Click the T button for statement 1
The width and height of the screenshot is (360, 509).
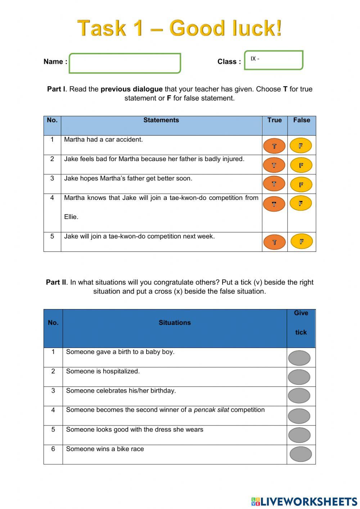point(274,146)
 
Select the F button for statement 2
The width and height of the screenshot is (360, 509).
point(301,165)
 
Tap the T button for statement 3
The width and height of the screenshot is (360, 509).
point(274,184)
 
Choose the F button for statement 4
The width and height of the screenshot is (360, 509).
point(301,203)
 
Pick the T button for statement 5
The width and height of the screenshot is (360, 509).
point(274,242)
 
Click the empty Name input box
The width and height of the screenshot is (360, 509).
point(125,63)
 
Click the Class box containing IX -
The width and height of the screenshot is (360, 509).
point(274,60)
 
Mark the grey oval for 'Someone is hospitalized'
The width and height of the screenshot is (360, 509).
point(299,377)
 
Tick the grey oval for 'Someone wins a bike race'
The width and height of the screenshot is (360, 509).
point(301,454)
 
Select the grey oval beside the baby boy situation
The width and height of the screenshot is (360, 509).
point(299,358)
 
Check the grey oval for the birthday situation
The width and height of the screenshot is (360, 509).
point(299,396)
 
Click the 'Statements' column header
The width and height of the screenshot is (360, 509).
point(161,120)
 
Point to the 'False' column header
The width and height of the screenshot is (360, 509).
point(302,120)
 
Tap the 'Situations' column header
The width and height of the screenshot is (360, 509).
point(175,323)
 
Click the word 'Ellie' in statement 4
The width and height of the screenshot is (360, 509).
point(71,217)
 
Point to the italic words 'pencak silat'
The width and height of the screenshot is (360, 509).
point(211,410)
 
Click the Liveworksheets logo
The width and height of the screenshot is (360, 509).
point(304,501)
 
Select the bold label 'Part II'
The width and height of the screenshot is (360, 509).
point(56,282)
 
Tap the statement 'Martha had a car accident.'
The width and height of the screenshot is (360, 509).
point(103,140)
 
